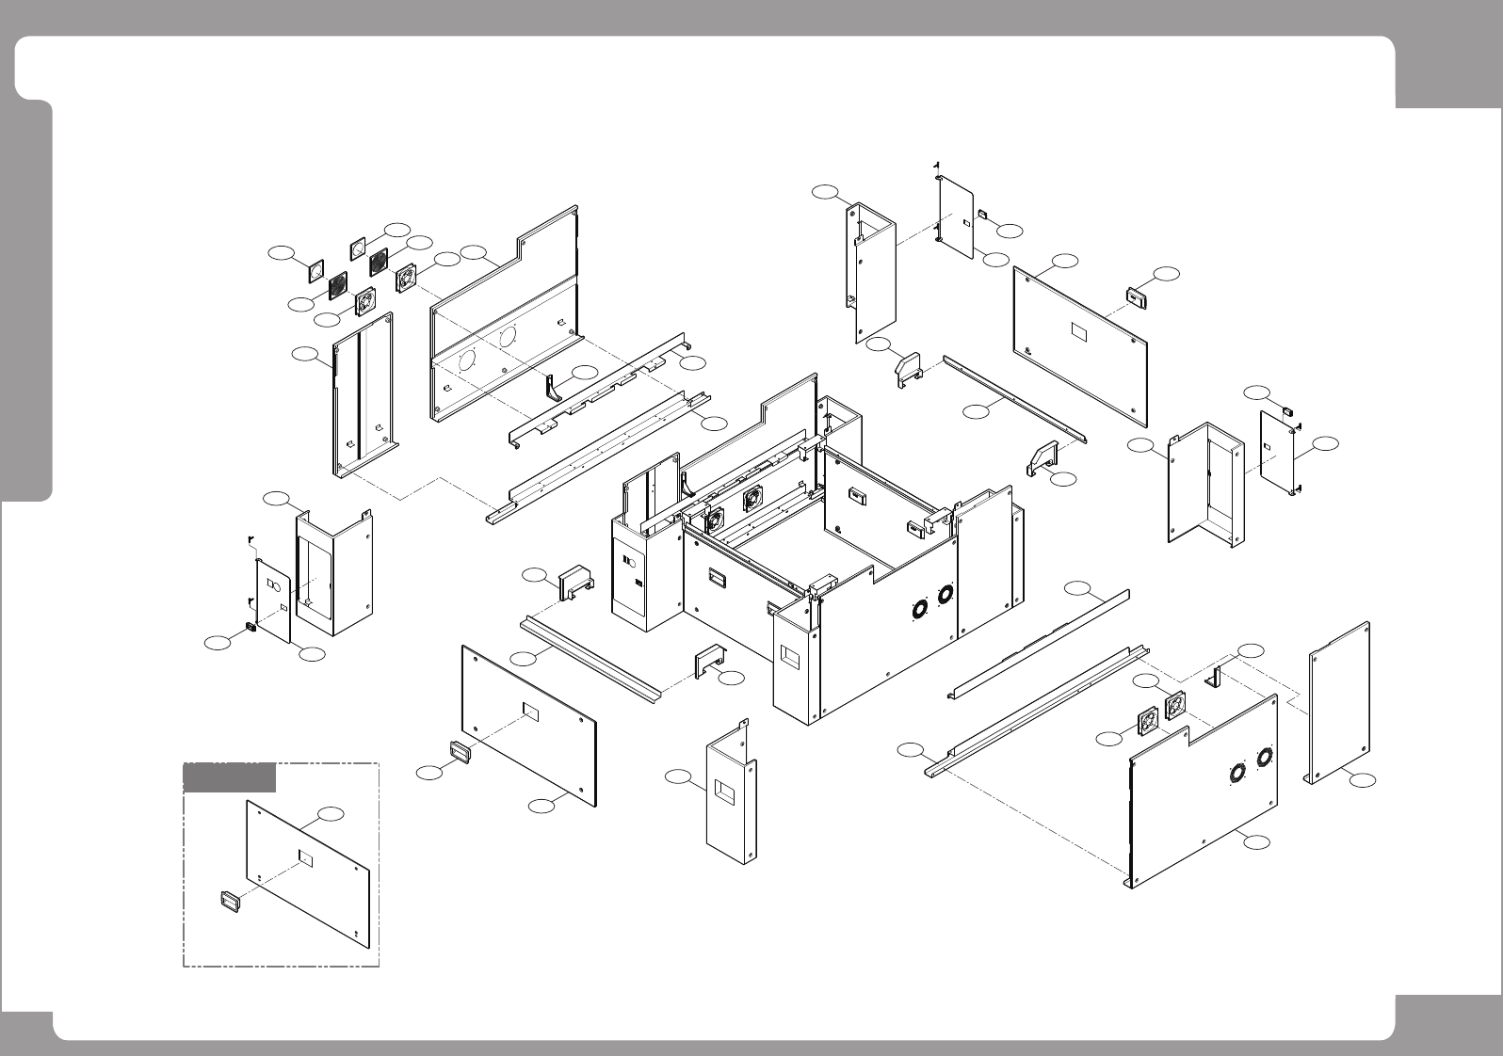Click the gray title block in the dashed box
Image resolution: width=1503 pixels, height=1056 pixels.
coord(229,778)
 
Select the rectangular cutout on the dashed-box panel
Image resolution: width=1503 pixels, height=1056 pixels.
coord(305,856)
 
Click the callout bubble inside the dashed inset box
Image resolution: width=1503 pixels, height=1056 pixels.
coord(330,812)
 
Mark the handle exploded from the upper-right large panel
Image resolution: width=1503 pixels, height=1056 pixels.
coord(1138,297)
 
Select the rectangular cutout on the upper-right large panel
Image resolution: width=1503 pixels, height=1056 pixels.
coord(1079,332)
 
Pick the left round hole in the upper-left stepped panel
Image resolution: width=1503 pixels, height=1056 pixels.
coord(465,361)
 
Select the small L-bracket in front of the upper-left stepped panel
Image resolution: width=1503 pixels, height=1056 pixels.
coord(553,386)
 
